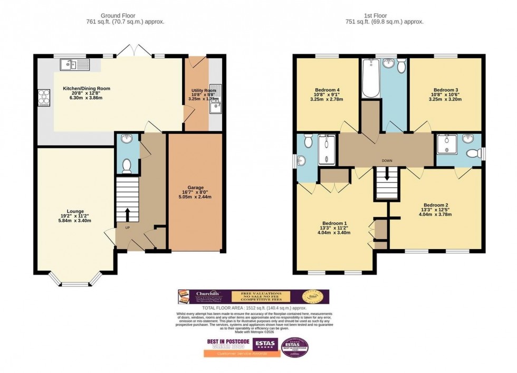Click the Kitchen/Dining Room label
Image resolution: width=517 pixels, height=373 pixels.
[87, 88]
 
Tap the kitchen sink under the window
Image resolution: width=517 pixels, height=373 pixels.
[75, 65]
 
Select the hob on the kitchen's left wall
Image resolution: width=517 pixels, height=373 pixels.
[43, 97]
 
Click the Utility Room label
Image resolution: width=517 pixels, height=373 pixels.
[204, 91]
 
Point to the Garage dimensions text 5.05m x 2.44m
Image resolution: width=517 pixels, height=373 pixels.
[195, 197]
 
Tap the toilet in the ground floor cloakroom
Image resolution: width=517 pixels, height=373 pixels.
[127, 166]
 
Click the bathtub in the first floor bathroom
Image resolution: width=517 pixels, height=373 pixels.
[371, 79]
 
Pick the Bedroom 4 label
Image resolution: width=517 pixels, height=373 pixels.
[327, 89]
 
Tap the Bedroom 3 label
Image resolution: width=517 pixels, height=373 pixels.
[446, 89]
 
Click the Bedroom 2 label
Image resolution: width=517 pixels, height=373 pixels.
[435, 205]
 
